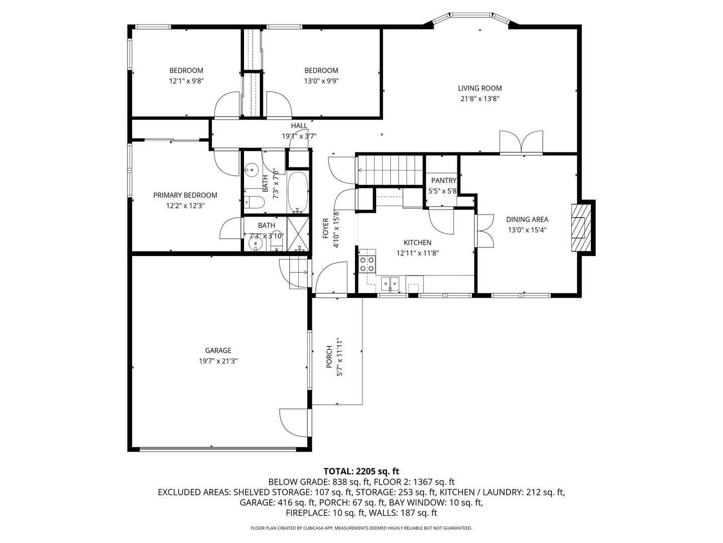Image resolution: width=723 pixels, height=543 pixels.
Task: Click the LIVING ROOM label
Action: (479, 88)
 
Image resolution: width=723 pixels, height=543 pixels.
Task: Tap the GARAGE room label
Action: (218, 350)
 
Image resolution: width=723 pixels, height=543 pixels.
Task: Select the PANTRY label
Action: (443, 180)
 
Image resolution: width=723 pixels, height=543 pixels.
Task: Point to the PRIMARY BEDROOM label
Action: (185, 195)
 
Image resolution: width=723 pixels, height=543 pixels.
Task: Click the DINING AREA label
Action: (527, 219)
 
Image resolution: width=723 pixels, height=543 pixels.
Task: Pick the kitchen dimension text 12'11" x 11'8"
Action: (417, 253)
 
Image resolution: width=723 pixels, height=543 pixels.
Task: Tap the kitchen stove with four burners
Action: (367, 264)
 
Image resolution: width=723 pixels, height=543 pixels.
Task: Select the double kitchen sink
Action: (390, 284)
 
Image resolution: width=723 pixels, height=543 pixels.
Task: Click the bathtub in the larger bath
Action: (298, 193)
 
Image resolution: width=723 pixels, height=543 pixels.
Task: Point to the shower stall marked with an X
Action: (299, 233)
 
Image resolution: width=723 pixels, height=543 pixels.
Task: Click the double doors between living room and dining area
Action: (521, 142)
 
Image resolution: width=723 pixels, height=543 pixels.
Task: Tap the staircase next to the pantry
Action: (390, 170)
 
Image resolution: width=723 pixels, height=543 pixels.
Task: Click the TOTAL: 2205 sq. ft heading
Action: (361, 471)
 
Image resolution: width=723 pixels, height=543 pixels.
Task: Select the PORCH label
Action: (329, 356)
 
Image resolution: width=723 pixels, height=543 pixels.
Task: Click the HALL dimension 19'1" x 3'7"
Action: (299, 136)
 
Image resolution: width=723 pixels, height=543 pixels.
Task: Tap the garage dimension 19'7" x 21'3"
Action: (218, 360)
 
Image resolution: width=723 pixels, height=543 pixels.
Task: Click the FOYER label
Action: (325, 228)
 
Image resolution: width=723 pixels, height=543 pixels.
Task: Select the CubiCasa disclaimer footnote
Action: (361, 528)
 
